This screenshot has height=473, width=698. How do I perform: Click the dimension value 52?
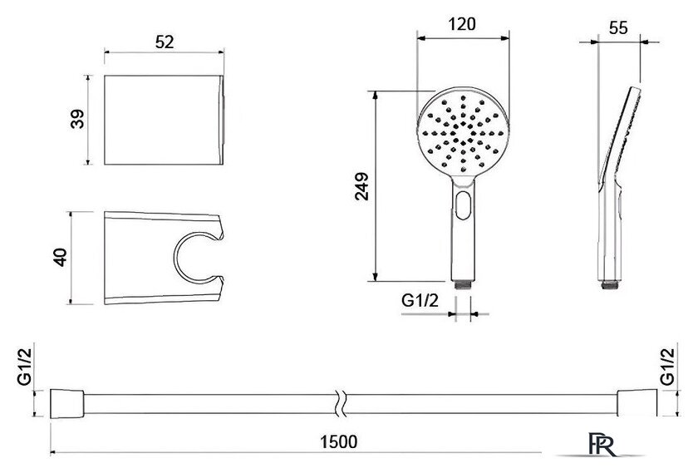[165, 42]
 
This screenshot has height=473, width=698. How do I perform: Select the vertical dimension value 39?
[77, 119]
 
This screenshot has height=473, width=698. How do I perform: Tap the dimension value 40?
[60, 257]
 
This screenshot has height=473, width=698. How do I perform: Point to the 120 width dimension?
[462, 24]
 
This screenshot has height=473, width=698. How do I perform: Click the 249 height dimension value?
[362, 186]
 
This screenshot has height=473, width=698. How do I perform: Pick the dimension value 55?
[618, 28]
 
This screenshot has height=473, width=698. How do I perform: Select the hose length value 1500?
[339, 441]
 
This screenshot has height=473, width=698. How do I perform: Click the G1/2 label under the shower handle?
[420, 301]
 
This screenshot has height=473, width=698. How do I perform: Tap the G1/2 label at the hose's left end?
[24, 367]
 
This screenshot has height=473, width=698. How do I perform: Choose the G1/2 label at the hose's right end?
[667, 367]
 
